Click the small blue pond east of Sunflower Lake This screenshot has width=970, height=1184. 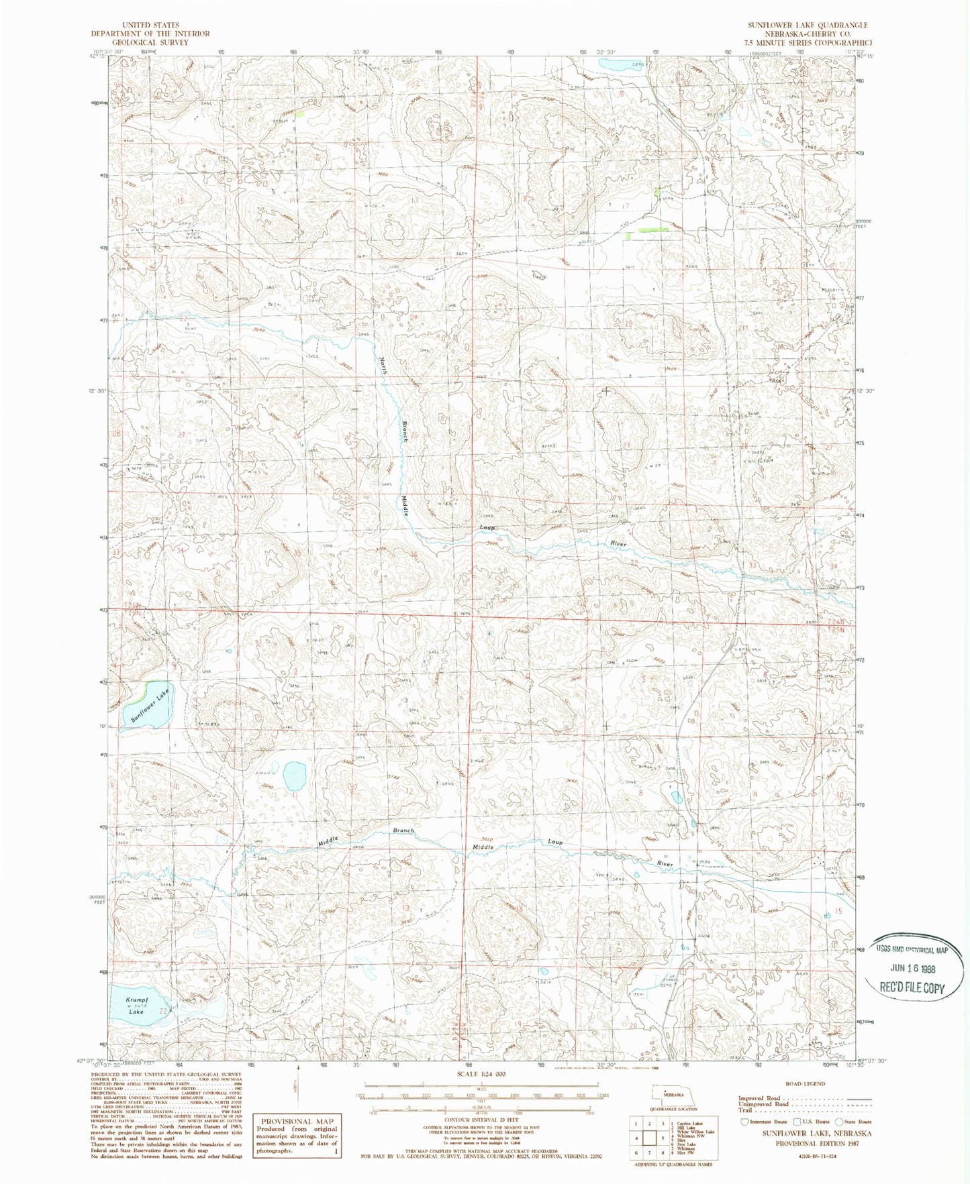[x=294, y=776]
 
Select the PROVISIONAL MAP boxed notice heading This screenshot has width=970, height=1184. [x=296, y=1121]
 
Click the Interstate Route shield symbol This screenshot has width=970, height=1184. [x=744, y=1121]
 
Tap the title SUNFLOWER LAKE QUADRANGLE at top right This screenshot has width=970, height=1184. [x=808, y=25]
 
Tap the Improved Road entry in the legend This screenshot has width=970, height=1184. [x=760, y=1098]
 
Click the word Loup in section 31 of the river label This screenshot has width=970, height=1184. [x=487, y=528]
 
